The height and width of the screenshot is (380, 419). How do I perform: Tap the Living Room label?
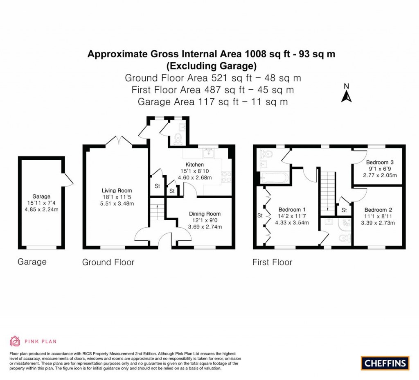click(117, 190)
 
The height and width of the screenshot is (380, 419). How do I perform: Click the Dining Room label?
click(205, 214)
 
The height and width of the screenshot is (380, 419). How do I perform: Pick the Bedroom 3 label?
click(380, 162)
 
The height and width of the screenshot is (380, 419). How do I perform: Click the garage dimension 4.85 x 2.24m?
click(42, 210)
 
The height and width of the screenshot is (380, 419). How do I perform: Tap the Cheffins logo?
click(385, 363)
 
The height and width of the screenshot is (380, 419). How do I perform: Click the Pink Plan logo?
click(33, 341)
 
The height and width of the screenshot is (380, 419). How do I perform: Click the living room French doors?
click(119, 140)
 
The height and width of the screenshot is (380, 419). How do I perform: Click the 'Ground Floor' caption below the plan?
click(108, 262)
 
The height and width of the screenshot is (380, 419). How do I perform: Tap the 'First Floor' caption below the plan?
click(272, 262)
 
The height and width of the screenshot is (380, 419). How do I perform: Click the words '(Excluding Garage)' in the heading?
click(211, 65)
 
